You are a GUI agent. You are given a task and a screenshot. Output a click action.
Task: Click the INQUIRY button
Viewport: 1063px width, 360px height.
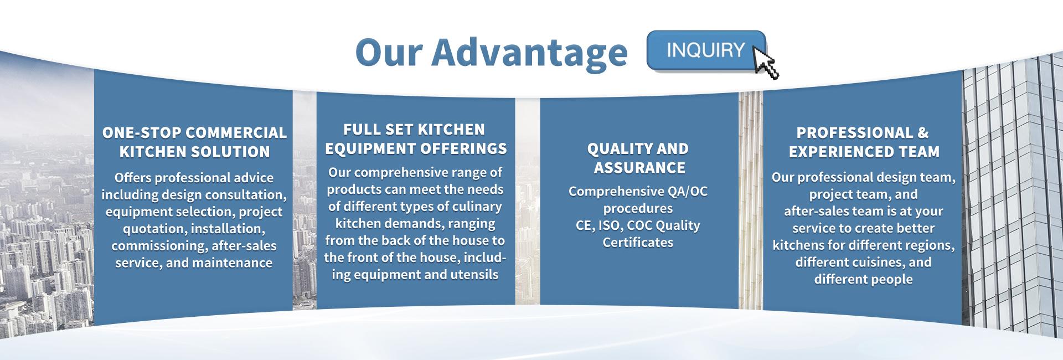pyautogui.click(x=705, y=50)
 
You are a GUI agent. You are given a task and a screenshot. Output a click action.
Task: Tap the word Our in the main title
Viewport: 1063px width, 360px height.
pyautogui.click(x=389, y=52)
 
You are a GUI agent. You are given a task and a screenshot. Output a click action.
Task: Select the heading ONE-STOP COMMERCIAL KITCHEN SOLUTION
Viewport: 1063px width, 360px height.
pyautogui.click(x=194, y=142)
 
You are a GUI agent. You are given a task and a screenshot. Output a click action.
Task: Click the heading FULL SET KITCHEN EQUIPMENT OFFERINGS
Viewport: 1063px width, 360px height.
pyautogui.click(x=415, y=139)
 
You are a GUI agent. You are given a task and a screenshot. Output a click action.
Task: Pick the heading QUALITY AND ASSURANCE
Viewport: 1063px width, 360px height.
pyautogui.click(x=638, y=158)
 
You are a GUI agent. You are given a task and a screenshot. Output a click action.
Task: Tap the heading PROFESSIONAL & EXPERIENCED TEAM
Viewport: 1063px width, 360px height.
pyautogui.click(x=863, y=142)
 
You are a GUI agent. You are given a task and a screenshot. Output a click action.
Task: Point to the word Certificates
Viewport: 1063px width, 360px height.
pyautogui.click(x=638, y=243)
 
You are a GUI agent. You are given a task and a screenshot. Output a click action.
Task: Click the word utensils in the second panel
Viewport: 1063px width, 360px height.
pyautogui.click(x=474, y=275)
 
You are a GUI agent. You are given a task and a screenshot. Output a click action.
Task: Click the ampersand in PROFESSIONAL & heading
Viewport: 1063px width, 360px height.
pyautogui.click(x=922, y=133)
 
